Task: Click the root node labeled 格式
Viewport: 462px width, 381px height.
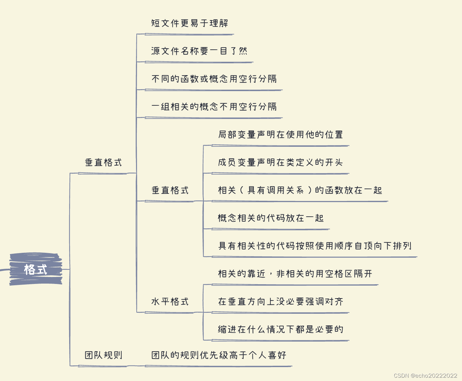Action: (x=36, y=269)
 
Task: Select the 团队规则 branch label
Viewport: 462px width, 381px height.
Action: (x=103, y=355)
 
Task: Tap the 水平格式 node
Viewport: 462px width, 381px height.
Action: (x=170, y=301)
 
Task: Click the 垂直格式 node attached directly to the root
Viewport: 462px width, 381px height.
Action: (x=103, y=162)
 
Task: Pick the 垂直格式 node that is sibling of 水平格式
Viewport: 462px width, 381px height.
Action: (x=170, y=190)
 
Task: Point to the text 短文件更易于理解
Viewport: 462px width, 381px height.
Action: (x=189, y=23)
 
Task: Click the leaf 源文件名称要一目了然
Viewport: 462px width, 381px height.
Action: (x=199, y=51)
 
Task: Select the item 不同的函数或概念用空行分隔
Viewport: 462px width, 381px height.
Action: (x=214, y=79)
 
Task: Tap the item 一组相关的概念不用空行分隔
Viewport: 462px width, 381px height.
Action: (x=214, y=107)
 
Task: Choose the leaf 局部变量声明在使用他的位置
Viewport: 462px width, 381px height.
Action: (x=280, y=135)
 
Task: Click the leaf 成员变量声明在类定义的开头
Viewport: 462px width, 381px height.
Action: (x=280, y=162)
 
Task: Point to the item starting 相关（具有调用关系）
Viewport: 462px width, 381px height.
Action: (x=300, y=190)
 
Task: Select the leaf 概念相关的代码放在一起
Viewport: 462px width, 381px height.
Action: (x=270, y=218)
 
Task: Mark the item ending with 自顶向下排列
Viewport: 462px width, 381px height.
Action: (x=314, y=246)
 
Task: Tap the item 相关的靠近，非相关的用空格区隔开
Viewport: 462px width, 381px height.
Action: (x=295, y=274)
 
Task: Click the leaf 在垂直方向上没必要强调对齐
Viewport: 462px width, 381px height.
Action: (x=280, y=301)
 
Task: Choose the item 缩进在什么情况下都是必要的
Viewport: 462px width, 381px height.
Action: (x=280, y=329)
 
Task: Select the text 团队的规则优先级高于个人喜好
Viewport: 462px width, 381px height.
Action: (x=218, y=355)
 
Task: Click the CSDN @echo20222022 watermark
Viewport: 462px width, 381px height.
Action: (x=425, y=375)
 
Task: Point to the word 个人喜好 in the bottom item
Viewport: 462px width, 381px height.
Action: (x=267, y=355)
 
